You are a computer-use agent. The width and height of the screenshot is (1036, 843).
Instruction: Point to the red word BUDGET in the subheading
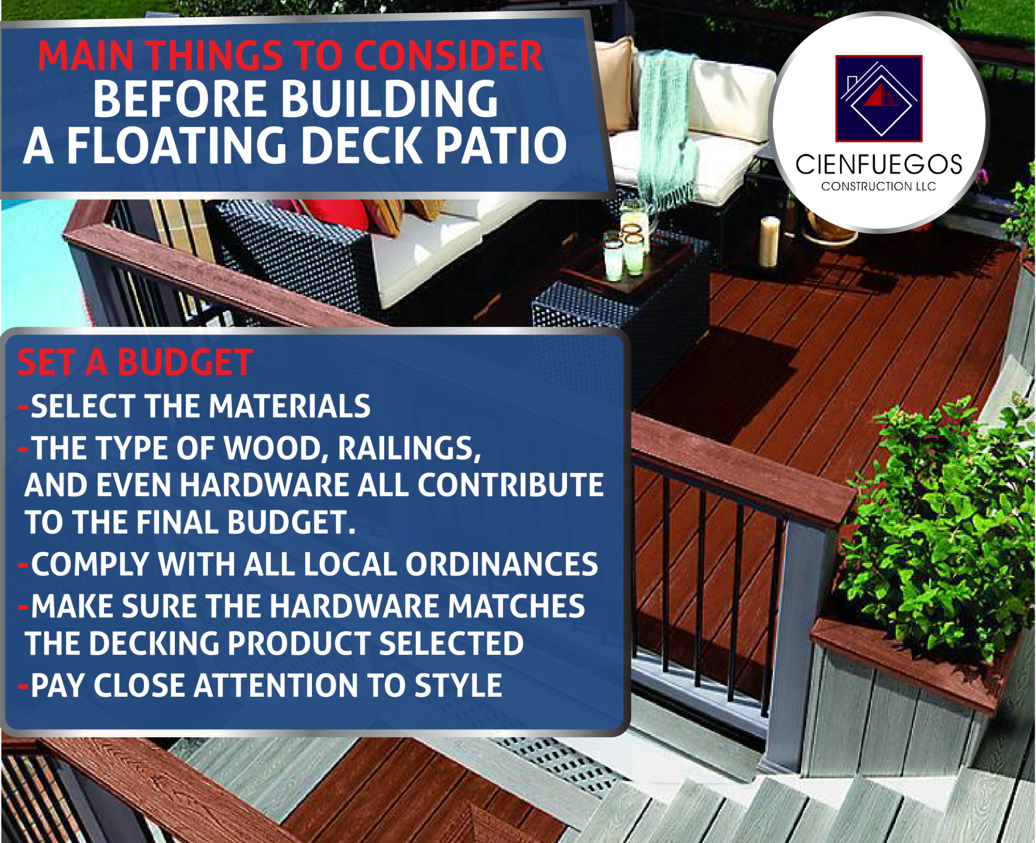[x=185, y=362]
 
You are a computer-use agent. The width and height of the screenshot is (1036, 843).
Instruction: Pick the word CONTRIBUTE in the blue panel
[x=510, y=485]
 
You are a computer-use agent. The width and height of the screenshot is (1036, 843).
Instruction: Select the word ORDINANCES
[x=501, y=564]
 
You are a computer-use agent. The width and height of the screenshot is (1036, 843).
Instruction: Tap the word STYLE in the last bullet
[x=458, y=685]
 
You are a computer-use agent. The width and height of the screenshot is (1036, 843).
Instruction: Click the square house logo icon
[x=878, y=98]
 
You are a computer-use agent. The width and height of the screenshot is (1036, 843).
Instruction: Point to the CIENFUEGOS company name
[x=878, y=164]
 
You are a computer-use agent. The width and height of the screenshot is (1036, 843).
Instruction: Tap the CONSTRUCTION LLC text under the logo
[x=878, y=186]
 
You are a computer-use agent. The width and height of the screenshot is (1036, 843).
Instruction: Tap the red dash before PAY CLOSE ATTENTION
[x=23, y=686]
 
